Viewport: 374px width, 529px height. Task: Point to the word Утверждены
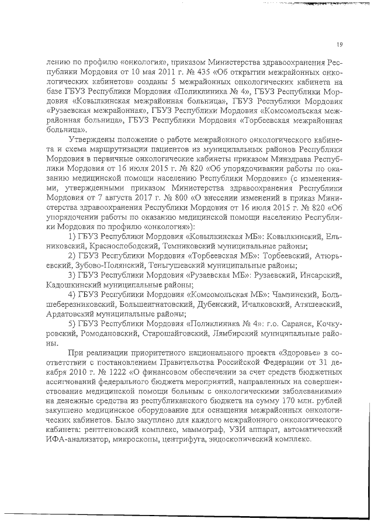[93, 140]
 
